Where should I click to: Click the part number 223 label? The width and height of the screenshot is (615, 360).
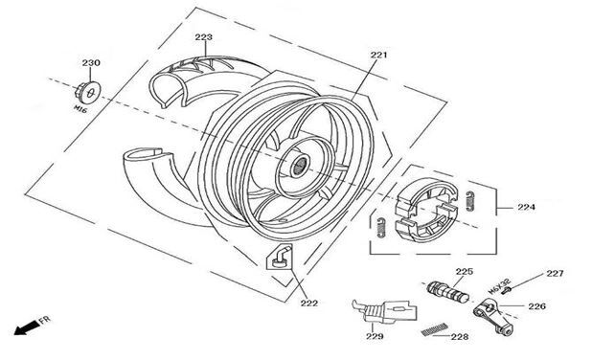pos(203,37)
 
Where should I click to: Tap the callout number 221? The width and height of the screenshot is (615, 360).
pos(379,55)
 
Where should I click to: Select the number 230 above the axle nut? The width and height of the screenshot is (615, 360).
pos(91,63)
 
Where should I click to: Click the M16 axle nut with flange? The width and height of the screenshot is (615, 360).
pos(88,93)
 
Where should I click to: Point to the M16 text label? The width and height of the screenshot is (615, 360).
pos(80,109)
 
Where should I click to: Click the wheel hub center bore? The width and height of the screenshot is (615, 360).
pos(301,165)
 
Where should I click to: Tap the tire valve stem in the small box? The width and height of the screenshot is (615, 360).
pos(281,258)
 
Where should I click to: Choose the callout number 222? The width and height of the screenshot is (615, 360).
pos(309,304)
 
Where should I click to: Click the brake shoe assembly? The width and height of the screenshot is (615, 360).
pos(426,211)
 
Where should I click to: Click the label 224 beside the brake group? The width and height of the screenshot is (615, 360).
pos(526,207)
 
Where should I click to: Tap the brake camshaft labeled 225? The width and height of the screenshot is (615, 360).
pos(448,292)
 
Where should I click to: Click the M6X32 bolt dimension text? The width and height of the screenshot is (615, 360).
pos(500,286)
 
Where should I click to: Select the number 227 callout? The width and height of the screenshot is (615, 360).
pos(555,274)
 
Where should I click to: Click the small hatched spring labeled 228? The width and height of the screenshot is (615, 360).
pos(435,329)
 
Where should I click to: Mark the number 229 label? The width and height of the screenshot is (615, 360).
pos(375,336)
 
